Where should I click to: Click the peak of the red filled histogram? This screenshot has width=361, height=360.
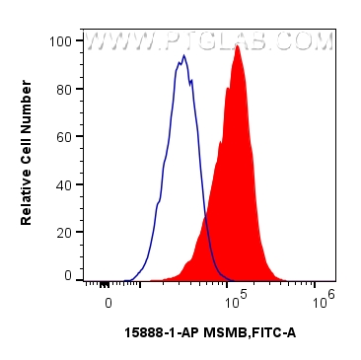tap(238, 46)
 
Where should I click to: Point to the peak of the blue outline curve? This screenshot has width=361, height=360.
tap(183, 56)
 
